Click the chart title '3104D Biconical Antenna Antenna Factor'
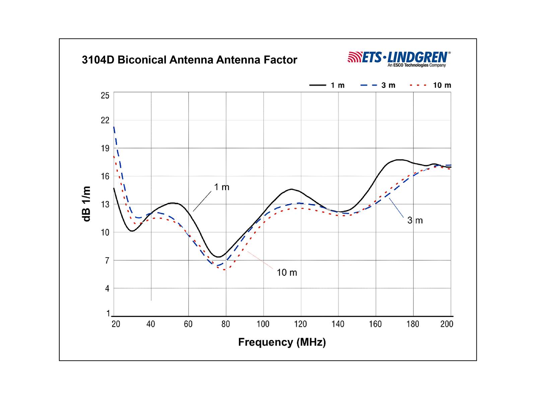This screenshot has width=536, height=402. click(x=189, y=60)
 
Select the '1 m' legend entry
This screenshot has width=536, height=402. click(x=327, y=85)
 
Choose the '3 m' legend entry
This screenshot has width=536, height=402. click(x=378, y=85)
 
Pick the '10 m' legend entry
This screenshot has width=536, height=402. click(x=430, y=85)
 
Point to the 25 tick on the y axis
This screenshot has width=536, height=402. click(x=105, y=95)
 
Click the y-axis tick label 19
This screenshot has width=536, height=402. click(x=105, y=148)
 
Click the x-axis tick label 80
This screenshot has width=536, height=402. click(x=226, y=324)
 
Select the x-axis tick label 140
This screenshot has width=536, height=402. click(x=338, y=324)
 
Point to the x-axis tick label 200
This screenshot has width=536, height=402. click(x=447, y=324)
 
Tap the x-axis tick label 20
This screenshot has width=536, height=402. click(x=116, y=324)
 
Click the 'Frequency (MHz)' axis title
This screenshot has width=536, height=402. click(x=282, y=342)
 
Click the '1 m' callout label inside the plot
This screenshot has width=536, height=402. click(x=222, y=187)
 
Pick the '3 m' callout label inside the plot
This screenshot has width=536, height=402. click(x=415, y=220)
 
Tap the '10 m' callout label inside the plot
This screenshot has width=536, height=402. click(x=287, y=273)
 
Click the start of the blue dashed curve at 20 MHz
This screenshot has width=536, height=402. click(x=114, y=128)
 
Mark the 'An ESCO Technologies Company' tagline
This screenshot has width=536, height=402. click(x=416, y=65)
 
